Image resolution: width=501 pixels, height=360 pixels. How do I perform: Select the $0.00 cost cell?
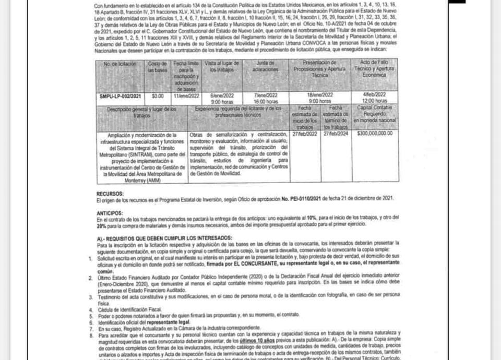157,96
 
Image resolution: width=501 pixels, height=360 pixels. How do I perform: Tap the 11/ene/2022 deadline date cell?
186,96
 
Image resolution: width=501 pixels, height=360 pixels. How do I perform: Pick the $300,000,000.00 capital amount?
375,134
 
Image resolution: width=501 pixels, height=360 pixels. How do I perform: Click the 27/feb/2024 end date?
335,134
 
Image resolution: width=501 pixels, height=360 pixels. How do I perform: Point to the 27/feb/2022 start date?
305,134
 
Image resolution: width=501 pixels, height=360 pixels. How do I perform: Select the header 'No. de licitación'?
120,64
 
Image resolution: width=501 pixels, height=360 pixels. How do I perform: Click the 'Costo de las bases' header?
157,66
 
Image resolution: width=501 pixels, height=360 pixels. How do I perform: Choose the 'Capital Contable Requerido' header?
375,113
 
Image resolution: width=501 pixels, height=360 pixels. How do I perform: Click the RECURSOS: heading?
110,193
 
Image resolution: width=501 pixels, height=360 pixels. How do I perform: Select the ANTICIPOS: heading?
110,213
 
